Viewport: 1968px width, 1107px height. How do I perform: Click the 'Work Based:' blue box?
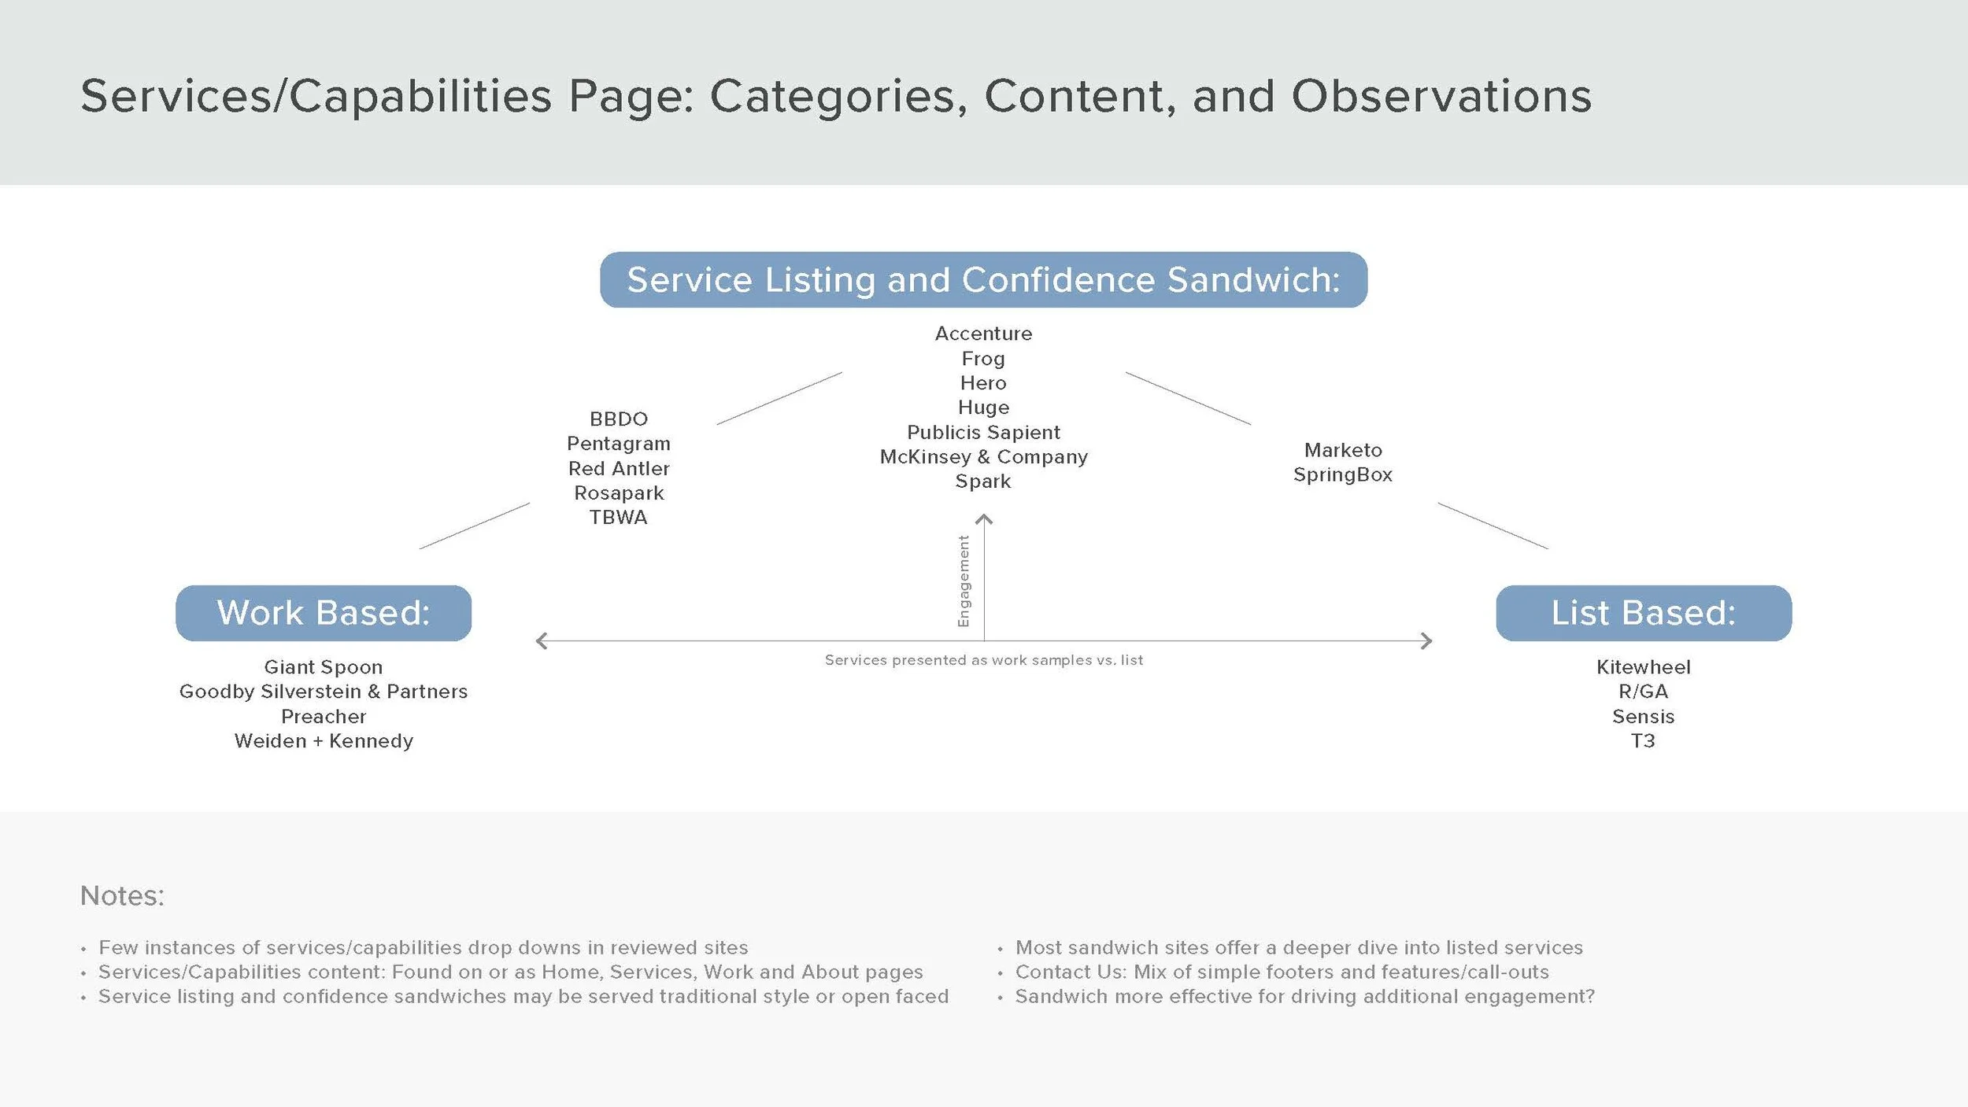tap(324, 613)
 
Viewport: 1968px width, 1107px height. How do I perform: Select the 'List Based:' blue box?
tap(1644, 613)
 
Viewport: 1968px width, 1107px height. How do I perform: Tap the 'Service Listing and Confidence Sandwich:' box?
tap(983, 279)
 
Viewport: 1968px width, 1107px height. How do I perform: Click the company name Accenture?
tap(983, 334)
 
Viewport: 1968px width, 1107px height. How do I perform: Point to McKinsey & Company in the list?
tap(983, 457)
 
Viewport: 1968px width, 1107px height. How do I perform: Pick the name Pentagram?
tap(619, 445)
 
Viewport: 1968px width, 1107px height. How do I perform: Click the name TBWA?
tap(619, 518)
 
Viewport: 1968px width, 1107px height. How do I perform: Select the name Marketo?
tap(1343, 450)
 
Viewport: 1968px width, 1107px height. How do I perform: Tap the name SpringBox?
tap(1343, 475)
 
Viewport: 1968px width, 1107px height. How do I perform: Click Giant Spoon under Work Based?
tap(324, 668)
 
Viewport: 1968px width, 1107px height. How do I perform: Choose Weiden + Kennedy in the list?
tap(324, 741)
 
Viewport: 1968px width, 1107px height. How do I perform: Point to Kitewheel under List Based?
tap(1644, 667)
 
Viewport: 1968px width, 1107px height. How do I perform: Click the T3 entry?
tap(1643, 741)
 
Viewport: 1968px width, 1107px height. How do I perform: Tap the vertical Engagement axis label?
tap(964, 581)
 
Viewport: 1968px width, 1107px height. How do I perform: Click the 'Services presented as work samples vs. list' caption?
tap(984, 660)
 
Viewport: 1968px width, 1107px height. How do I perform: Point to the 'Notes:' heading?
tap(122, 896)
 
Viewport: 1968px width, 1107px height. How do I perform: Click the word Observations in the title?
tap(1441, 97)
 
